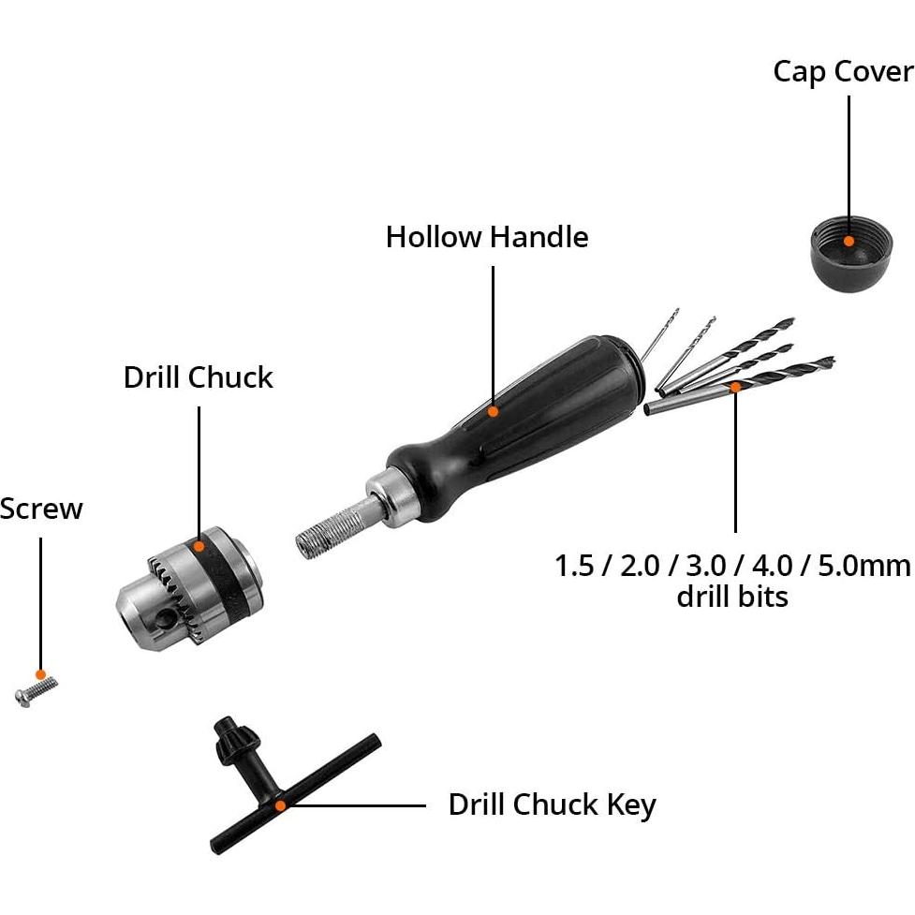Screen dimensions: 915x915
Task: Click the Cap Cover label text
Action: click(x=842, y=72)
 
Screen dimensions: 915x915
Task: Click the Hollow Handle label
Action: click(x=487, y=237)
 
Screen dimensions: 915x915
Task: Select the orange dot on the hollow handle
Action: click(x=494, y=410)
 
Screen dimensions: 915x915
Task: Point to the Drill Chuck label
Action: click(x=199, y=377)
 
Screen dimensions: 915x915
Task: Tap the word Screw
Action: click(x=41, y=509)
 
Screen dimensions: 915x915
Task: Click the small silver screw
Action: click(x=35, y=691)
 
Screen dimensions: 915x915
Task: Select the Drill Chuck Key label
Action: click(x=552, y=804)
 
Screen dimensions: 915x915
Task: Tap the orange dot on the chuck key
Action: click(x=279, y=804)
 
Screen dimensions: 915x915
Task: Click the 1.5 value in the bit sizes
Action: click(x=575, y=566)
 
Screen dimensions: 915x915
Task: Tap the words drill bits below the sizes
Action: click(x=732, y=597)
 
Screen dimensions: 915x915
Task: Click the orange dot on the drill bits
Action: click(x=735, y=385)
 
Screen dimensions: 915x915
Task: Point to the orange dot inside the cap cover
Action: click(x=849, y=240)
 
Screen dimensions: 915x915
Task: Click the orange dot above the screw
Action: click(x=40, y=674)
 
